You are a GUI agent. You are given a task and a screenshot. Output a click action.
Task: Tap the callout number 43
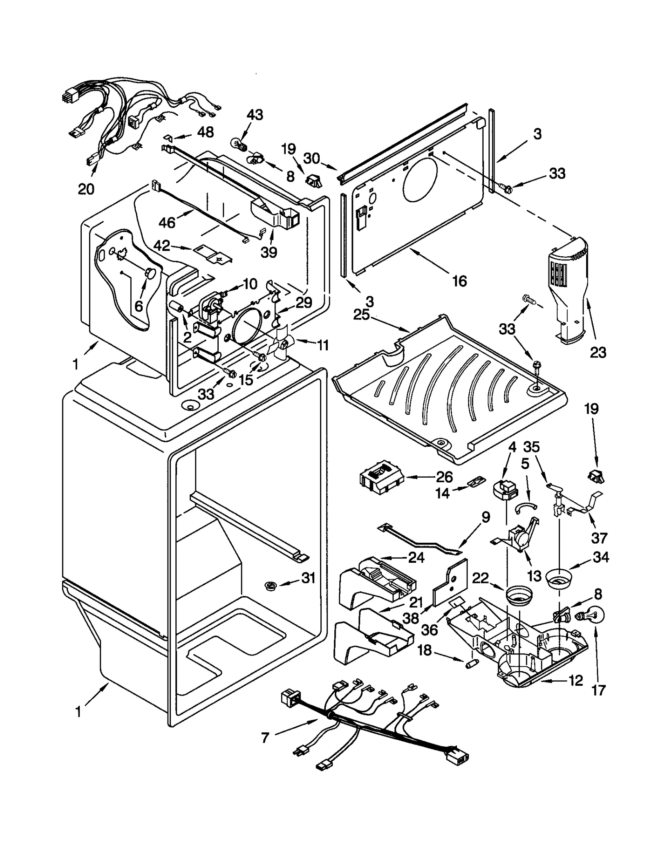coord(255,115)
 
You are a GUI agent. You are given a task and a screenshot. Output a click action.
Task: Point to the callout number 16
coord(460,281)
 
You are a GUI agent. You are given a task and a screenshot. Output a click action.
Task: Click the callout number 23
coord(598,352)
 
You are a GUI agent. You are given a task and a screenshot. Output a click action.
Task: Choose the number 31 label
coord(309,578)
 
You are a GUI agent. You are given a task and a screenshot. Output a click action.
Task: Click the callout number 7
coord(265,738)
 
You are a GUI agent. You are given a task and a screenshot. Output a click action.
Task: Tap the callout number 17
coord(598,690)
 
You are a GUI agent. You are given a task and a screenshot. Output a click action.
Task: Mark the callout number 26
coord(444,477)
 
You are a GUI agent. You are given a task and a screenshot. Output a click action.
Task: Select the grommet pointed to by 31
coord(270,586)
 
